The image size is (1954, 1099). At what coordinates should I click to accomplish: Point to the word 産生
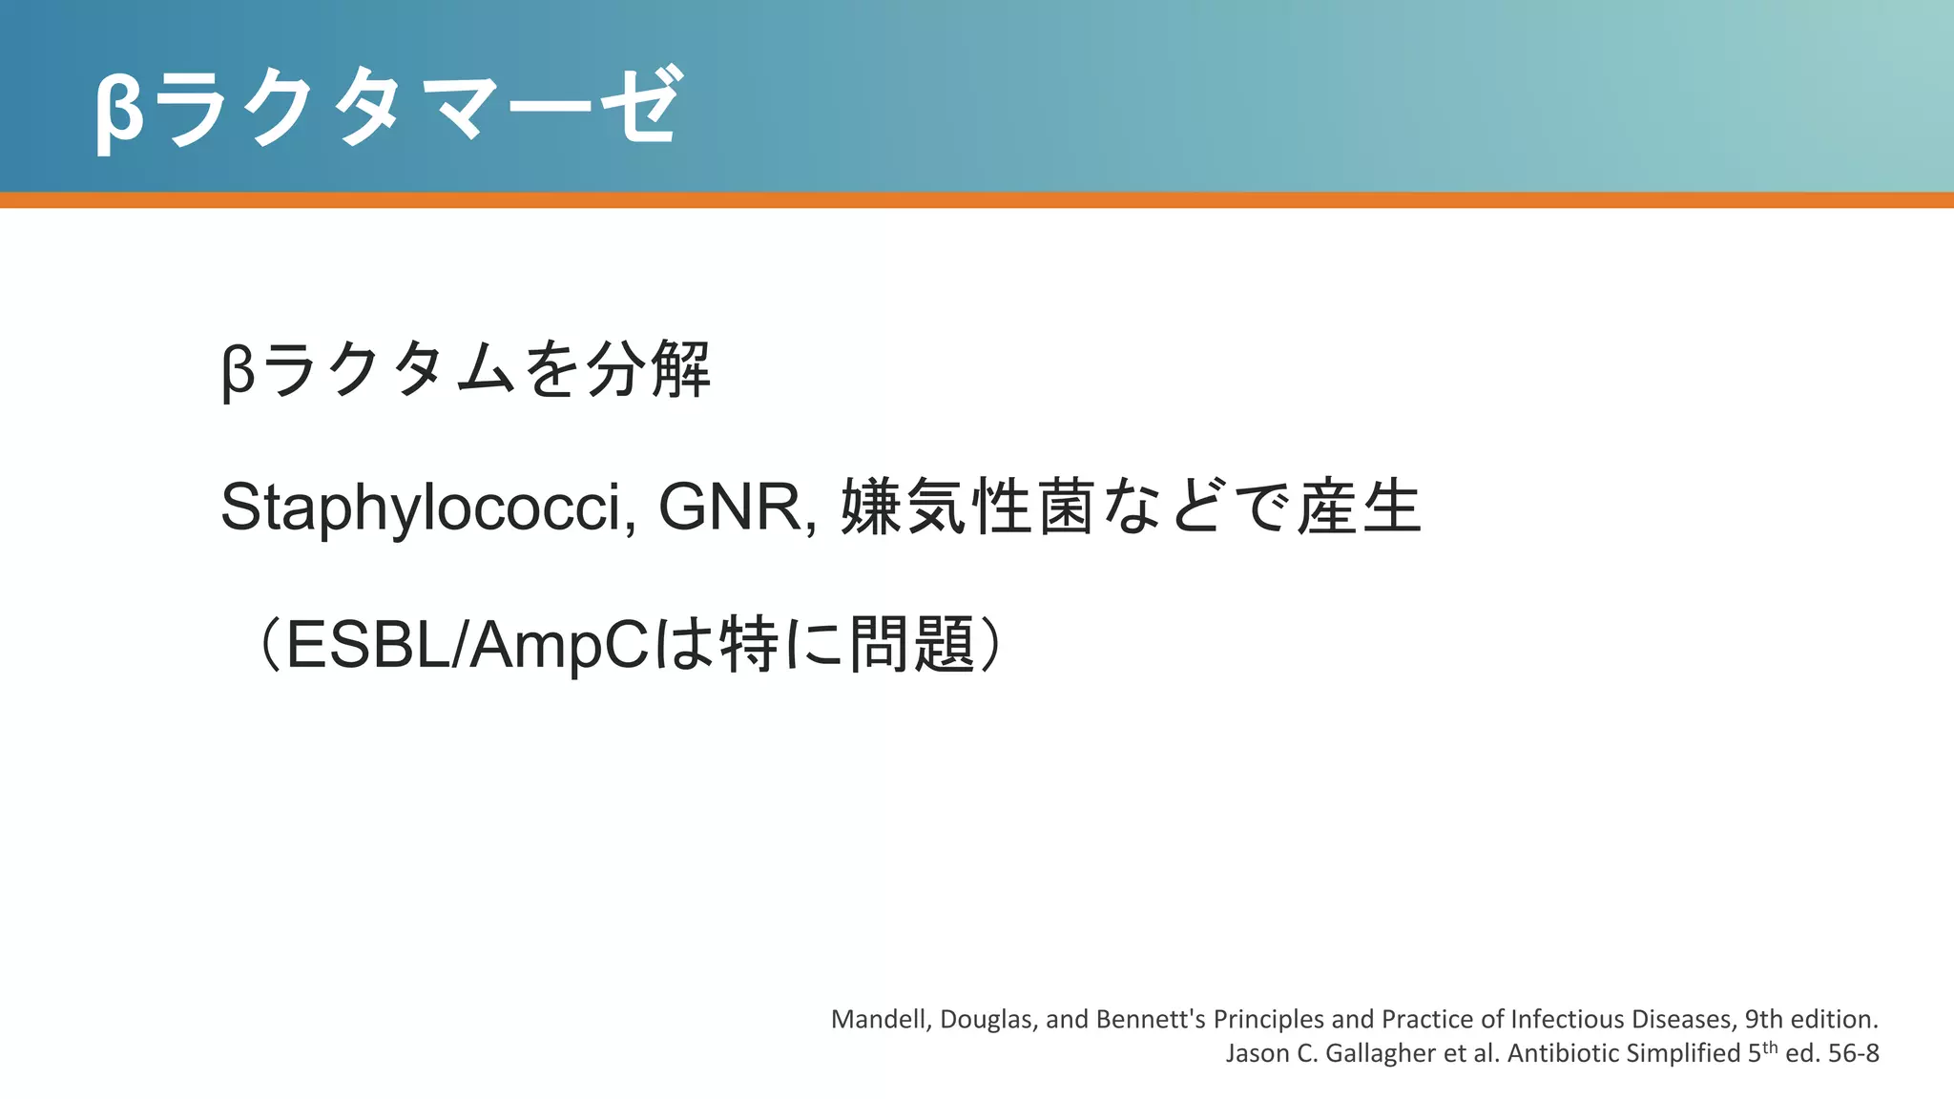[1359, 507]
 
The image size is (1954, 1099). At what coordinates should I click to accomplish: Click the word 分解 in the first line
[648, 370]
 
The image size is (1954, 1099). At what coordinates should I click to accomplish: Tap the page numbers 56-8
[1853, 1053]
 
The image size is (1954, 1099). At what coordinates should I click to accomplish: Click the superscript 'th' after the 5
[1770, 1047]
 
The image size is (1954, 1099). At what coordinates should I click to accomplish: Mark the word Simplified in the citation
[1683, 1053]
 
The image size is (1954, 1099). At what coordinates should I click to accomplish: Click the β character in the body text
[238, 372]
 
